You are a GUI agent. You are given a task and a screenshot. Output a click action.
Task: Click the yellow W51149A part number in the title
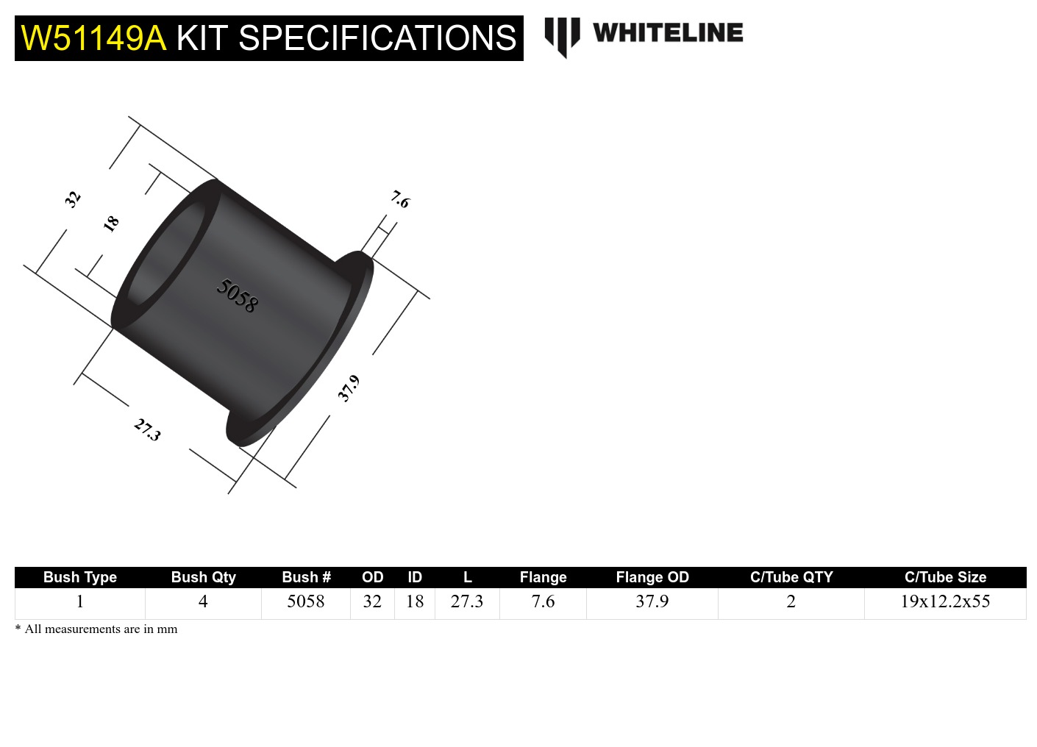click(x=93, y=38)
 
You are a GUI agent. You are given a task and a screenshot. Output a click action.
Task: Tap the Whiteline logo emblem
click(x=562, y=36)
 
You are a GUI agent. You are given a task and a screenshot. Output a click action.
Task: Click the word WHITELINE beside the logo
click(x=668, y=33)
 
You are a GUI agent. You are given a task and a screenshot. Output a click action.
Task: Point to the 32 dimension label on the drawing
click(x=72, y=199)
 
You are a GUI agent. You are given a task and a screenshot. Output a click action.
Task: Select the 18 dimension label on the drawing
click(x=111, y=224)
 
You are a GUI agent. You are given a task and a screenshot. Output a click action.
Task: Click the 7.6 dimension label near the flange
click(x=400, y=199)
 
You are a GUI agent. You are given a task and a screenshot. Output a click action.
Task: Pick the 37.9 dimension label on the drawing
click(x=349, y=388)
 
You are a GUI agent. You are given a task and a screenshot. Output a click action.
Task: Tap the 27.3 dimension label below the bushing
click(x=147, y=429)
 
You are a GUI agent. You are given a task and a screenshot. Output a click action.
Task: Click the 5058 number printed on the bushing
click(x=237, y=296)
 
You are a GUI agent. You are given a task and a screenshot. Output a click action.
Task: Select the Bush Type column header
click(x=79, y=577)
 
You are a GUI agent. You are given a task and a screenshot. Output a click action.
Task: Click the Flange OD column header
click(x=652, y=577)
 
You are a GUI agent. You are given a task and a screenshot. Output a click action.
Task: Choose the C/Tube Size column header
click(x=945, y=577)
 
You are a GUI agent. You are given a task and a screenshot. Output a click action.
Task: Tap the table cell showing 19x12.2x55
click(x=945, y=601)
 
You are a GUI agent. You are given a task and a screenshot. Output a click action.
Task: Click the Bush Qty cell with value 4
click(x=203, y=601)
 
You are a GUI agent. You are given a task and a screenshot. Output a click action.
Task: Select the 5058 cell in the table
click(x=305, y=601)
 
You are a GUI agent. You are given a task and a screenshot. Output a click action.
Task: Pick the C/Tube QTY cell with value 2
click(x=791, y=601)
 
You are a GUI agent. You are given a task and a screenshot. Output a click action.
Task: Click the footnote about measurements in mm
click(x=96, y=629)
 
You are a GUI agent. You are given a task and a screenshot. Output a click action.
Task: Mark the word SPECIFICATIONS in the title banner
click(x=377, y=38)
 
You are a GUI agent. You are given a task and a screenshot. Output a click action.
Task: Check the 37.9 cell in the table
click(x=652, y=601)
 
